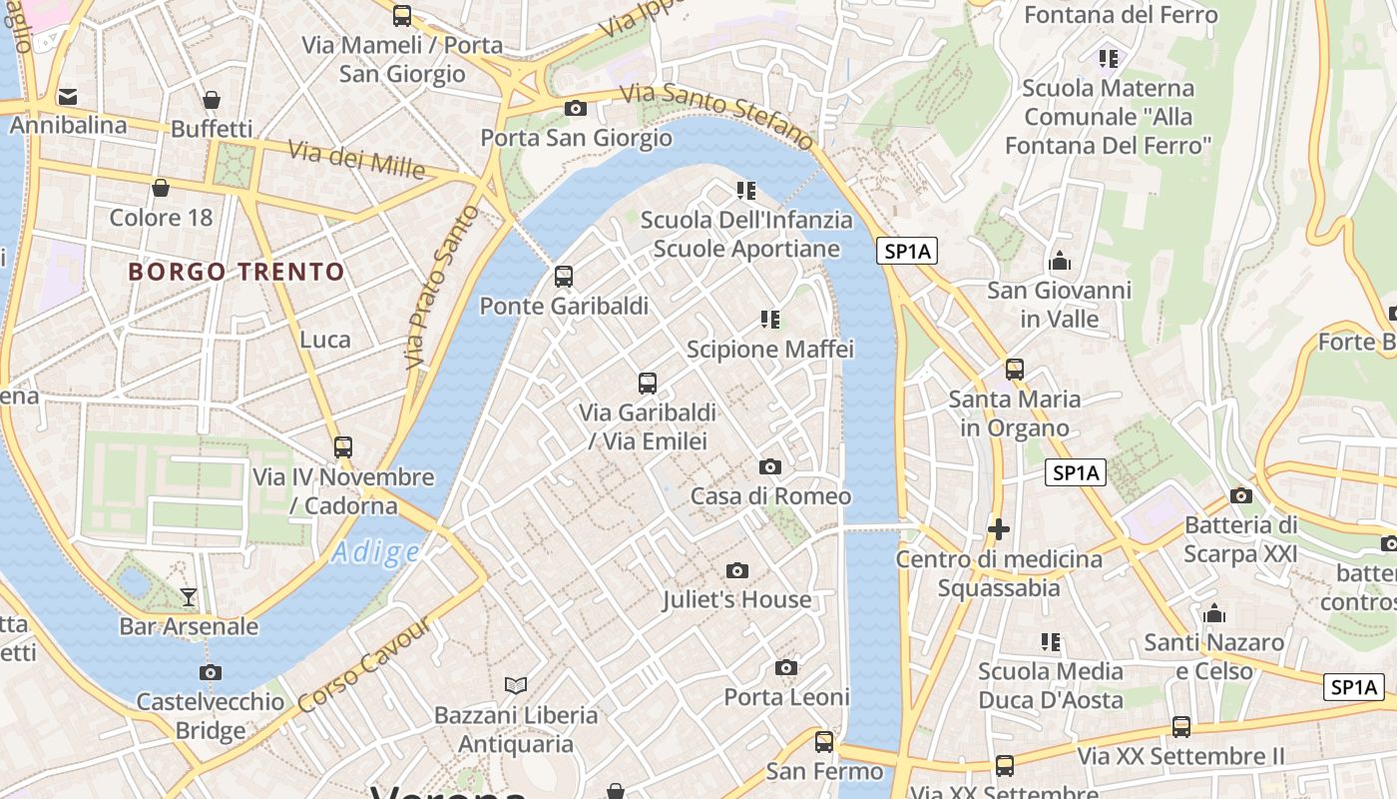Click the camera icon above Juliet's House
click(x=737, y=570)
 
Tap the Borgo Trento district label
click(x=236, y=272)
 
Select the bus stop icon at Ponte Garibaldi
click(x=564, y=277)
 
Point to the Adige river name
click(x=376, y=552)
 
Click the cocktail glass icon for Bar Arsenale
click(x=189, y=597)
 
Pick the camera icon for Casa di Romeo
click(x=769, y=466)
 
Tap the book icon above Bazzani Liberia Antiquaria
click(x=515, y=685)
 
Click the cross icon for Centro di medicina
click(x=998, y=529)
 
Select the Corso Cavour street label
click(x=365, y=665)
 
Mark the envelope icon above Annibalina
click(x=68, y=97)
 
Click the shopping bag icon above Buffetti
click(x=212, y=100)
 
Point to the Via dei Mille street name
click(x=356, y=159)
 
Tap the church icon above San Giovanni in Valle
click(x=1060, y=262)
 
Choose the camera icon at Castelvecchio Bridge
click(x=210, y=672)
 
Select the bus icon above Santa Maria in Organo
click(x=1015, y=370)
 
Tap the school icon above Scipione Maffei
click(x=769, y=320)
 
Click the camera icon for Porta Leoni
click(x=786, y=667)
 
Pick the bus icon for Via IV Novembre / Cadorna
click(x=343, y=447)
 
